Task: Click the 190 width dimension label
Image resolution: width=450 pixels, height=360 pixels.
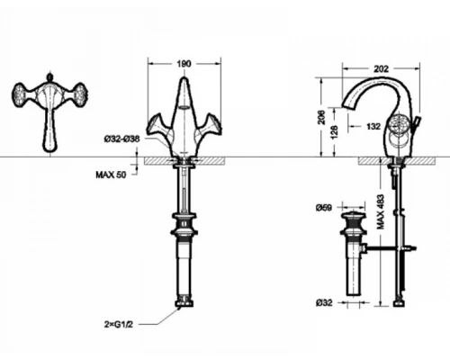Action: tap(184, 65)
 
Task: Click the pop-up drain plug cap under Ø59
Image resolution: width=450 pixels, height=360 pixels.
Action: tap(353, 220)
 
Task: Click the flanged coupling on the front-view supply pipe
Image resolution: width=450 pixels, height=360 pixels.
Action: tap(184, 221)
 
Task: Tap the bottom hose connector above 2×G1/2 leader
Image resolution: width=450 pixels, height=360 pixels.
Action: tap(184, 303)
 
